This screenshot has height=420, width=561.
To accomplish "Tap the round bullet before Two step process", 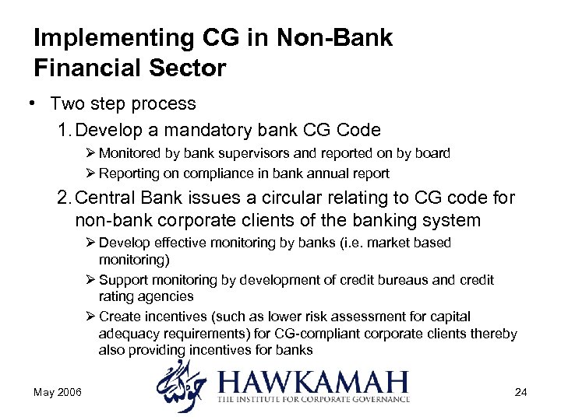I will tap(36, 103).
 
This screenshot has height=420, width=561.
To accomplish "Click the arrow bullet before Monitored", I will tap(90, 153).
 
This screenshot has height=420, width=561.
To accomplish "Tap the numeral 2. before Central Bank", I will tap(65, 198).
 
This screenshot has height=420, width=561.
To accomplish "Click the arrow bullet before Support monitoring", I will tap(90, 280).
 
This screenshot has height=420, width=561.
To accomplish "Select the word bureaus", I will tap(392, 280).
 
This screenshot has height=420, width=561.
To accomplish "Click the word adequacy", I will tap(127, 334).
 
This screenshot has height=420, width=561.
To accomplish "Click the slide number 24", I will tap(520, 392).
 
